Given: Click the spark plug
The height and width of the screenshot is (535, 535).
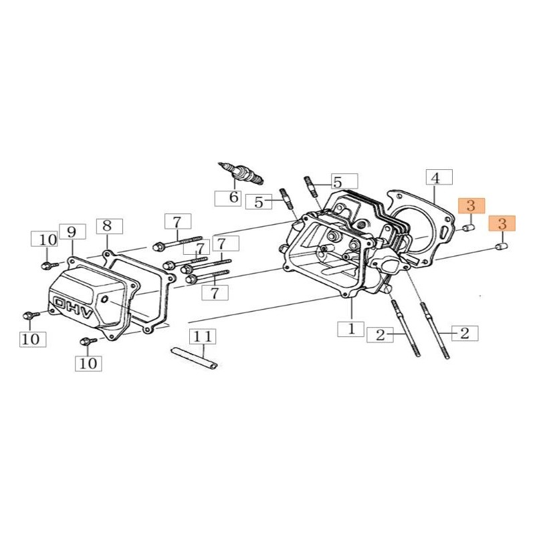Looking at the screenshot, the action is pyautogui.click(x=241, y=173).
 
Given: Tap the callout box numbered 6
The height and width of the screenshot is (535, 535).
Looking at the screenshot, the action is pyautogui.click(x=228, y=198).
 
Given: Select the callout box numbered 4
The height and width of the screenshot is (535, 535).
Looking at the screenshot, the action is pyautogui.click(x=439, y=177).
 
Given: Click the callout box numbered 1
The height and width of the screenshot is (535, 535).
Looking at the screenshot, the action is pyautogui.click(x=350, y=329).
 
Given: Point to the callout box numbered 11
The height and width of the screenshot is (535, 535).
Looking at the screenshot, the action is pyautogui.click(x=203, y=336).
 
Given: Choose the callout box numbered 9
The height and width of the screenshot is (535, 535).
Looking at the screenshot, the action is pyautogui.click(x=73, y=231).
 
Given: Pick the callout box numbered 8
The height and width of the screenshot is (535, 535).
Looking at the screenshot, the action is pyautogui.click(x=110, y=226).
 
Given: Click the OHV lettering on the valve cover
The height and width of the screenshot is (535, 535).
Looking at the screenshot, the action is pyautogui.click(x=73, y=308).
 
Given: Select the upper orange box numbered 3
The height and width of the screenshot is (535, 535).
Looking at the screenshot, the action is pyautogui.click(x=471, y=206).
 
